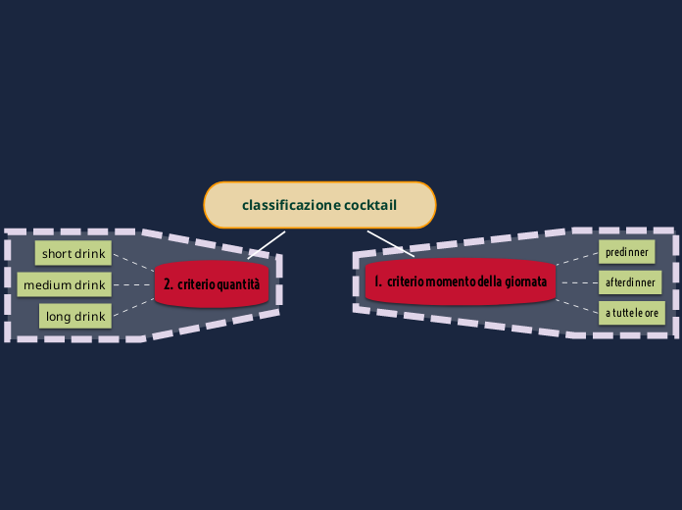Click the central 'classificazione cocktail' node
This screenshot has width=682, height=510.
click(x=319, y=205)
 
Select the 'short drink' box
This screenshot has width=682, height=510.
click(x=73, y=253)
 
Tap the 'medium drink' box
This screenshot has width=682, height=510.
click(x=64, y=284)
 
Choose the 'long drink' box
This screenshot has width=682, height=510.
click(x=75, y=316)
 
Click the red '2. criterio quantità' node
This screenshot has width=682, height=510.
click(x=212, y=284)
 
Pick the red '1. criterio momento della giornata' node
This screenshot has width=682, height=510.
click(x=461, y=281)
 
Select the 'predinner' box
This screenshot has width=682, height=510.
click(x=627, y=252)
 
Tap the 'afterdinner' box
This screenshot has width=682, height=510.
click(x=630, y=283)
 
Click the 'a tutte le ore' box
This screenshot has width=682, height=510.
click(x=632, y=313)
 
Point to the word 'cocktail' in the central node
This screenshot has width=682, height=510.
click(x=370, y=205)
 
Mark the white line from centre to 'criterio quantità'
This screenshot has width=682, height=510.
click(x=268, y=244)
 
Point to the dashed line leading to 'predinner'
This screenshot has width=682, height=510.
click(x=577, y=258)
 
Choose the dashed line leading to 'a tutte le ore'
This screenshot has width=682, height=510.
click(x=577, y=305)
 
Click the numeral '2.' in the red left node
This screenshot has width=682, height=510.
click(x=169, y=284)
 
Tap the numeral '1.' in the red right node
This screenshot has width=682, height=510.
click(x=377, y=281)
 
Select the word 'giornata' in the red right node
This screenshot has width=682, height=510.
click(x=526, y=281)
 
